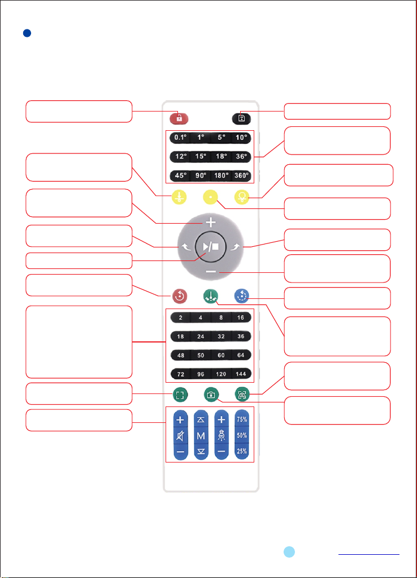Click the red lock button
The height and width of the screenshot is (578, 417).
[179, 118]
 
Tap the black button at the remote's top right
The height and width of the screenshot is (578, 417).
[241, 118]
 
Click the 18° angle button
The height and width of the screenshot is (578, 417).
[221, 156]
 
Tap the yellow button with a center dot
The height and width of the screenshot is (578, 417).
[211, 197]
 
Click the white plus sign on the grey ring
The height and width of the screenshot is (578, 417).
[211, 223]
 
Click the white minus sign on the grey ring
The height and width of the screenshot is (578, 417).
[211, 272]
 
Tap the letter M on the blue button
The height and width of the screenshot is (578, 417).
[201, 436]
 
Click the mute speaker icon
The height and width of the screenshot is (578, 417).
[180, 436]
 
